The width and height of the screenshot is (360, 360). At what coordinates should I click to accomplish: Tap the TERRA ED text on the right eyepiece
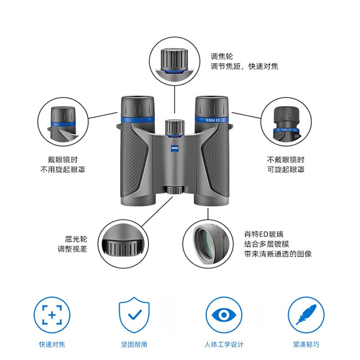210,120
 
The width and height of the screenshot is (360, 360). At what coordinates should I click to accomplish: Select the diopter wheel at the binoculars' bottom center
174,189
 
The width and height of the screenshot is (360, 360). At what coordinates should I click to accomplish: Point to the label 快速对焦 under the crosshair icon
52,345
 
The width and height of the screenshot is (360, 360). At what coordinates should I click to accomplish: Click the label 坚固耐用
134,345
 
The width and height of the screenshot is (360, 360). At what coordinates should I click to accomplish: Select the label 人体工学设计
224,345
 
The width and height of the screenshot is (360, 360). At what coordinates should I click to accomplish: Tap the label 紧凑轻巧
306,345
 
